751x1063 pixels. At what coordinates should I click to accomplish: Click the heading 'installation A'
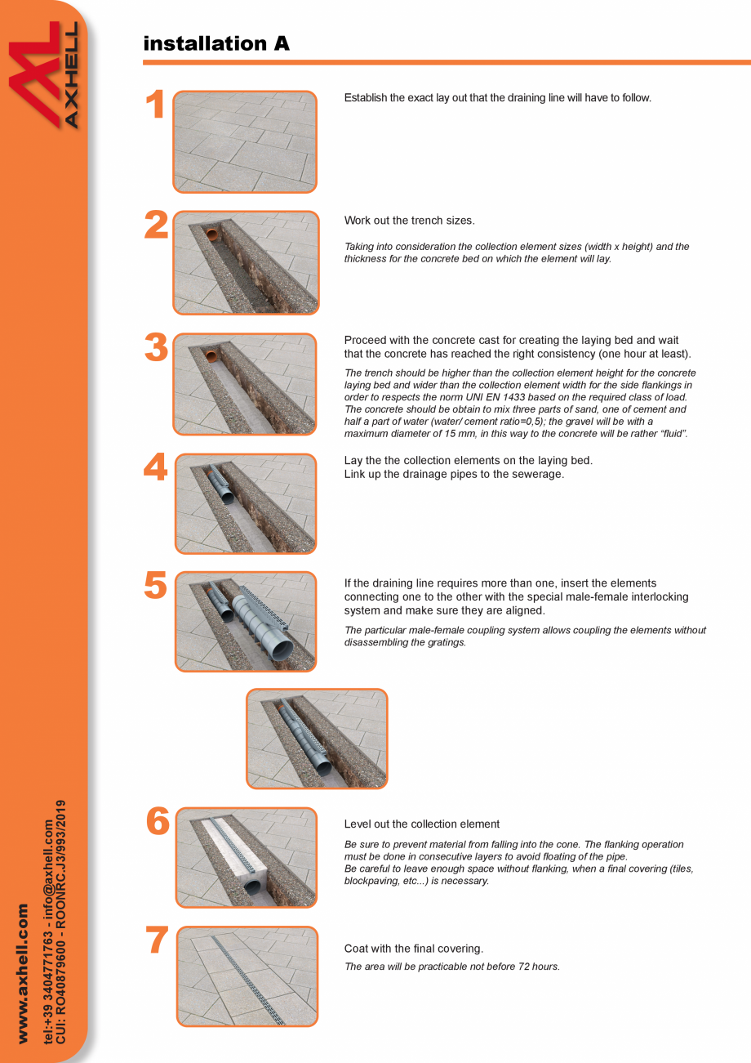[x=216, y=43]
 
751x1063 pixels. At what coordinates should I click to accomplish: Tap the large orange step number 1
[x=155, y=106]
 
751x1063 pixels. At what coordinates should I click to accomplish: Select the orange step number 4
[x=155, y=468]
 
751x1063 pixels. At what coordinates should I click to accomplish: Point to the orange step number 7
[x=157, y=941]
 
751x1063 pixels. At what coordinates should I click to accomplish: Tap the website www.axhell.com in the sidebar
[x=23, y=972]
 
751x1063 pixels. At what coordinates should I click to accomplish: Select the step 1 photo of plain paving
[x=245, y=141]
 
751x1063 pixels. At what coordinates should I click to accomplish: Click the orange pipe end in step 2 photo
[x=212, y=235]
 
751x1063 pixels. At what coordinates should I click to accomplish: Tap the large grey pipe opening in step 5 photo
[x=280, y=650]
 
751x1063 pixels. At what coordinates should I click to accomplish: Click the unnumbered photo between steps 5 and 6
[x=317, y=739]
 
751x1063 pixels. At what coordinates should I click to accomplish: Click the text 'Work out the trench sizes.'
[x=409, y=221]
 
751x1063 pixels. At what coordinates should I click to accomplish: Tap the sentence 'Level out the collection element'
[x=421, y=824]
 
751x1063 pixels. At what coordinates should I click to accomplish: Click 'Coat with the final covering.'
[x=413, y=949]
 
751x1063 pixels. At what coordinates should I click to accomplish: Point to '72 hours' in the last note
[x=540, y=967]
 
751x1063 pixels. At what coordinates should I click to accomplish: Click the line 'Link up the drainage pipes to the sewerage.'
[x=454, y=474]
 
